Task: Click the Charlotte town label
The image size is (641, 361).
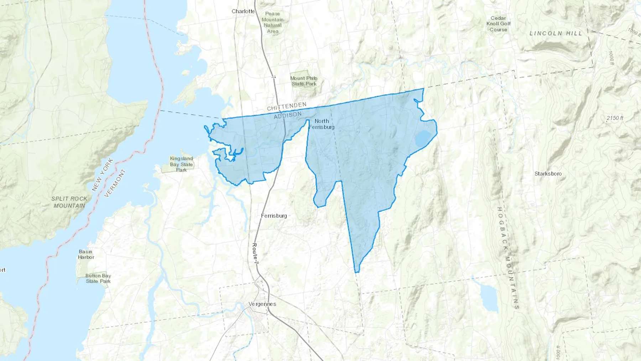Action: (243, 11)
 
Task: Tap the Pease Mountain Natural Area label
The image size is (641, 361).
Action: (273, 22)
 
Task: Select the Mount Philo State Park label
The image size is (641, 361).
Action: (304, 81)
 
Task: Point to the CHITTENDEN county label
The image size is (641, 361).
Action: (287, 106)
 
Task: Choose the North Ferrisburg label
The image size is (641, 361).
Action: (322, 124)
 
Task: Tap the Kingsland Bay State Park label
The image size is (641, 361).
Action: (181, 164)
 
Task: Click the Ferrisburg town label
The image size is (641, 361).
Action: (274, 216)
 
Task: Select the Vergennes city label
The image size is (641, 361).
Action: (262, 304)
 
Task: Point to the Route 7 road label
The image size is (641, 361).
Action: (255, 253)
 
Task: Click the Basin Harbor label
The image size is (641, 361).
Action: (86, 254)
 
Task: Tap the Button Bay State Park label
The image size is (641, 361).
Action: (98, 278)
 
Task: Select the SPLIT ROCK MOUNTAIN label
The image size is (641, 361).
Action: (69, 202)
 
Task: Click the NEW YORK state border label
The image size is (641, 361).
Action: (103, 175)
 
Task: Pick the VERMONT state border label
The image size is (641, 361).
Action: (115, 183)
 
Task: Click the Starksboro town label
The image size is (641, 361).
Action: (548, 174)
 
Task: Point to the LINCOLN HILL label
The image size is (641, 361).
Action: (556, 33)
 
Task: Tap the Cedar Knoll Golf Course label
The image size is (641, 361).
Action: (498, 24)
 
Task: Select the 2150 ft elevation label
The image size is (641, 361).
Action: (615, 118)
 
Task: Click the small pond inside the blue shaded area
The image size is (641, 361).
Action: (423, 139)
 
